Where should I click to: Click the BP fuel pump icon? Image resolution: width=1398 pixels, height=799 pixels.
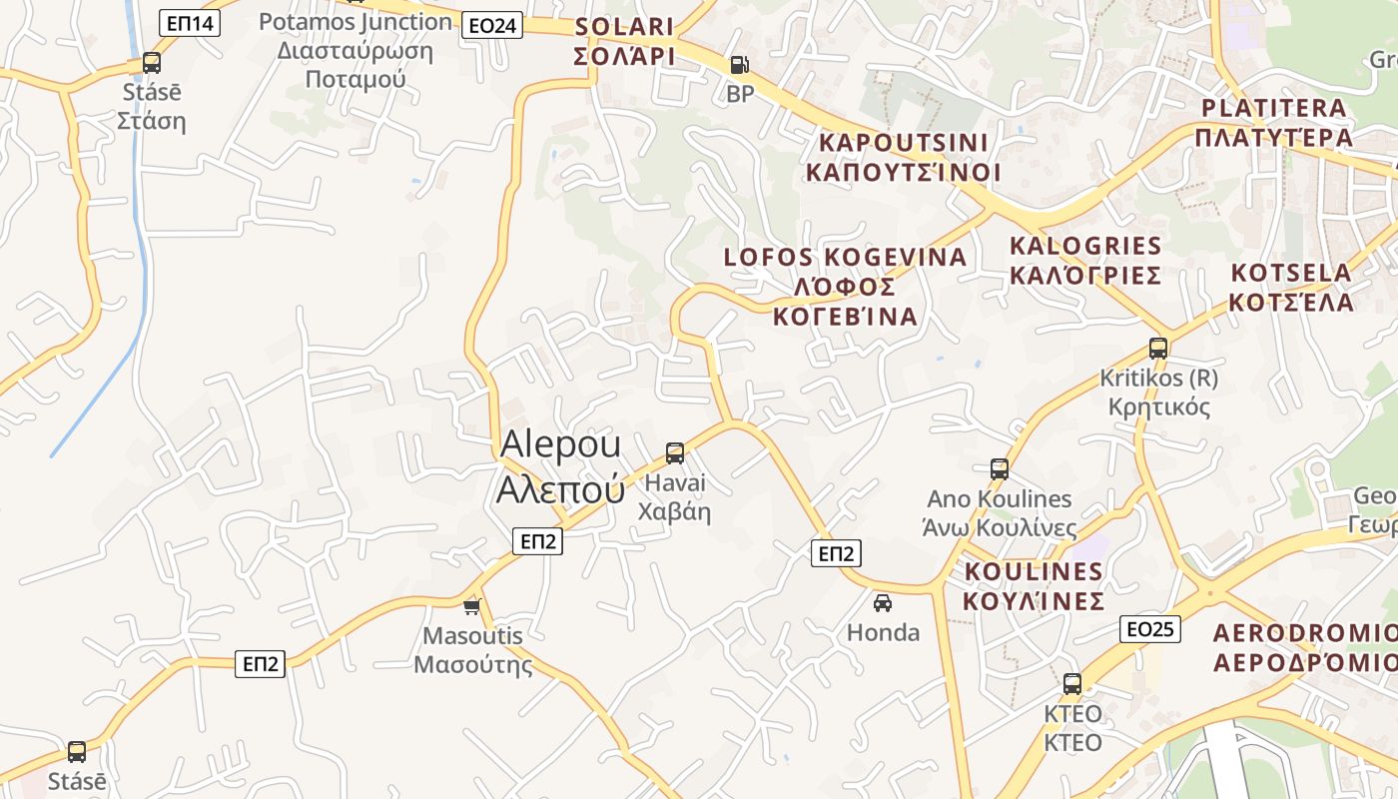coord(739,65)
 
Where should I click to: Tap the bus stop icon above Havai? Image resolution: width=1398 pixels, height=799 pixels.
coord(675,453)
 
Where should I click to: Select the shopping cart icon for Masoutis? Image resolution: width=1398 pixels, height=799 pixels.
coord(472,606)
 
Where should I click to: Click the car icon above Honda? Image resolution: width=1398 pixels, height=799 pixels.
coord(883,602)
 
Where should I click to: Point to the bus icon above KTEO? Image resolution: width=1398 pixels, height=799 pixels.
coord(1072,684)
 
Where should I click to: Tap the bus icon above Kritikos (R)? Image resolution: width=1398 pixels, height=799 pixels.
coord(1158,349)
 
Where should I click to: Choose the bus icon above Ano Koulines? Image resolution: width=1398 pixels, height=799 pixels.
coord(1000,468)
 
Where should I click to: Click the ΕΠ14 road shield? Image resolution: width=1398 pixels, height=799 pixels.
coord(191,22)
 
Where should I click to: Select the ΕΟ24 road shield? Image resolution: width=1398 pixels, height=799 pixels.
coord(492,25)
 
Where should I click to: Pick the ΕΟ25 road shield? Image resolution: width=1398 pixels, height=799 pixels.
coord(1150,628)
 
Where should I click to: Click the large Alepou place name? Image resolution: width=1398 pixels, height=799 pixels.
coord(561,465)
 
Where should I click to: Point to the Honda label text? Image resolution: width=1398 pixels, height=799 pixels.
coord(883,632)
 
